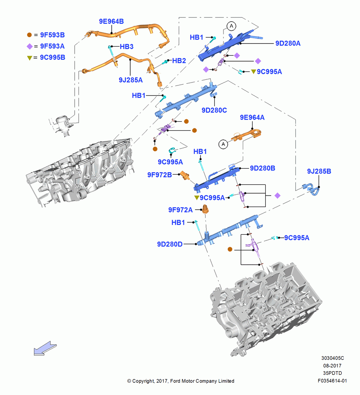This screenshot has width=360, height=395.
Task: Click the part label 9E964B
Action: pos(111,21)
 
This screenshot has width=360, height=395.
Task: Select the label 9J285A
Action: pos(131,80)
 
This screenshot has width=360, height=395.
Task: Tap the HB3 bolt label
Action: pos(126,47)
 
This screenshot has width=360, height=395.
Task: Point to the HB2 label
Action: pos(179,61)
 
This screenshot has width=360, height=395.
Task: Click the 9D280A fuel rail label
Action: pos(288,43)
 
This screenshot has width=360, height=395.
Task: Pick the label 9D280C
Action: pos(214,110)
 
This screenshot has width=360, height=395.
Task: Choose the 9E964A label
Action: pos(252,117)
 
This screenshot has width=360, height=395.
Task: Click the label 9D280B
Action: pos(262,168)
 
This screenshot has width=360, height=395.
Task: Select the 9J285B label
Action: pos(319,171)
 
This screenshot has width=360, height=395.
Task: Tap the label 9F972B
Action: pos(159,175)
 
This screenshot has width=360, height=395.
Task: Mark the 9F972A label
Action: pos(180,210)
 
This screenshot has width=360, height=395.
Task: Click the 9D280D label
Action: pos(170,245)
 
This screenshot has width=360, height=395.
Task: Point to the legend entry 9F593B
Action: pos(52,35)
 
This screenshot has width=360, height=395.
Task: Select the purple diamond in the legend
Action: pos(30,46)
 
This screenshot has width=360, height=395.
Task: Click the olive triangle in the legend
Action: pos(30,58)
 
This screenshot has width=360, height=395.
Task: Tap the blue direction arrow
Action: pos(45,349)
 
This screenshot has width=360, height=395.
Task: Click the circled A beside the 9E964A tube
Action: pos(223,144)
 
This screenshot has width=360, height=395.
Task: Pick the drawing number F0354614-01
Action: pos(332,381)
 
